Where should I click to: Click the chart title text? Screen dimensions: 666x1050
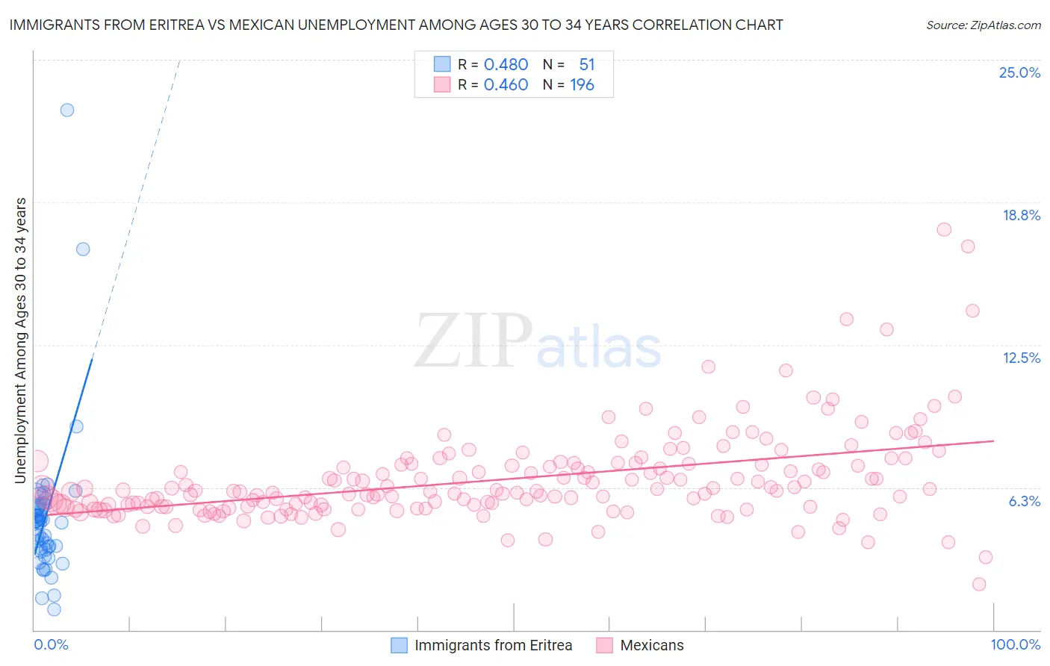point(396,25)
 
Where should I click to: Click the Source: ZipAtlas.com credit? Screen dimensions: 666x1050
point(983,25)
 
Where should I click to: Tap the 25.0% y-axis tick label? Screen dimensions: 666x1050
point(1019,72)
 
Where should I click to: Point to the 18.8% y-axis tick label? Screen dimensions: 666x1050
point(1021,215)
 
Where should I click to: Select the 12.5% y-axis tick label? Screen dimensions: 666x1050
point(1021,358)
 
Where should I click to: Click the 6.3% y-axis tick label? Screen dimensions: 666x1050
point(1024,501)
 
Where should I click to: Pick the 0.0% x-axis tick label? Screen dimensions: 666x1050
point(51,644)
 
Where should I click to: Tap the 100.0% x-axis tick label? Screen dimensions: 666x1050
point(1015,644)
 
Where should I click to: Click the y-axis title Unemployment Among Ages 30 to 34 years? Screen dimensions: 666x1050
point(21,340)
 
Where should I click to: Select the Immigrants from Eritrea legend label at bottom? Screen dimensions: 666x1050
point(493,645)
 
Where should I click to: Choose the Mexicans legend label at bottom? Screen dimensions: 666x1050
point(651,645)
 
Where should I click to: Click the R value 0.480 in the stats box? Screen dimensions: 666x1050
point(506,65)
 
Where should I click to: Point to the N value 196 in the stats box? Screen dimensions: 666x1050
point(582,85)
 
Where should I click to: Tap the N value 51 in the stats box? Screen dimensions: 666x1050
point(586,65)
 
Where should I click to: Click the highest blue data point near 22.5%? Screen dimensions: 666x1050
point(67,110)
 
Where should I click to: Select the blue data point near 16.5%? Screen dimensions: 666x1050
point(83,249)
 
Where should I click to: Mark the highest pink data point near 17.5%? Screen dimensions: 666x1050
point(944,230)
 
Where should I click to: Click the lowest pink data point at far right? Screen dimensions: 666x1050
point(979,584)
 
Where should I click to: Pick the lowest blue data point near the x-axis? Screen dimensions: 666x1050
point(54,609)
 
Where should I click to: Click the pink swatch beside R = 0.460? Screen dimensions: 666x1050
point(442,85)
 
